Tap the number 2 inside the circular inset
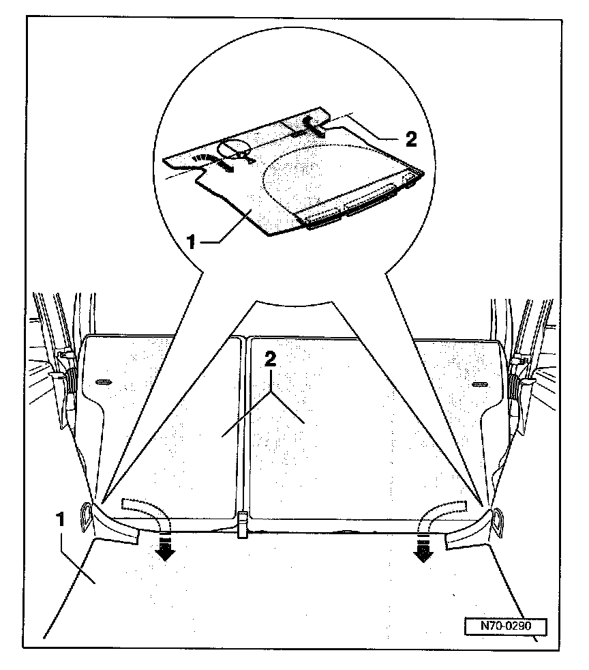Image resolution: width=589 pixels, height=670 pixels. pyautogui.click(x=410, y=139)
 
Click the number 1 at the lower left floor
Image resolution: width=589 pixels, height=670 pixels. pyautogui.click(x=61, y=519)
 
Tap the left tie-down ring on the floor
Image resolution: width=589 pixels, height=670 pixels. pyautogui.click(x=86, y=516)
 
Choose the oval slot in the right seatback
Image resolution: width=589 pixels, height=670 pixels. pyautogui.click(x=481, y=384)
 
